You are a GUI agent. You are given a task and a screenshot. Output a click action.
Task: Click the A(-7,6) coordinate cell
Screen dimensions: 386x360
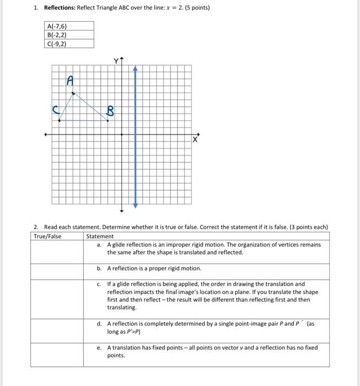[x=57, y=26]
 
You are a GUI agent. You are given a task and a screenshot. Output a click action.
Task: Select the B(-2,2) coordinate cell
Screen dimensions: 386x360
[x=57, y=35]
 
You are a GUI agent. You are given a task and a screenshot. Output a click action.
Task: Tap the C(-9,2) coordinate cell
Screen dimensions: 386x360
[x=57, y=44]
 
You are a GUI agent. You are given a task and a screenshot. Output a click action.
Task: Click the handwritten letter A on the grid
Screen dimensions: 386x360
[x=69, y=80]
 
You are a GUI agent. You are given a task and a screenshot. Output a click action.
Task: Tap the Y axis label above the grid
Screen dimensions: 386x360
[x=117, y=60]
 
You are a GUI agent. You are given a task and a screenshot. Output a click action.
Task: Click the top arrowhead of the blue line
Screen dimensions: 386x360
[x=136, y=68]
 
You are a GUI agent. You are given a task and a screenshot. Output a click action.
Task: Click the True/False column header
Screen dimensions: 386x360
[x=48, y=236]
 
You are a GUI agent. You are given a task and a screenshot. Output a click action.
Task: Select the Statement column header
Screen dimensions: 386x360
[x=100, y=236]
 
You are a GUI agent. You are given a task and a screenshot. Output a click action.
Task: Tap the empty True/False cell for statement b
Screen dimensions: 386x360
[x=57, y=271]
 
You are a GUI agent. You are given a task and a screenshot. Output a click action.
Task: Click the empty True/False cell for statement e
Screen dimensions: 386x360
[x=57, y=354]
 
